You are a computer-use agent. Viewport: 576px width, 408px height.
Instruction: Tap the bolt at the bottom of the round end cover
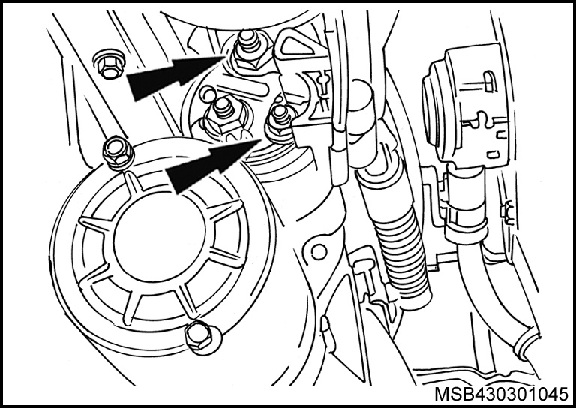click(201, 337)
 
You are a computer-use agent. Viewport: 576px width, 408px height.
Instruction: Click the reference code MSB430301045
click(501, 394)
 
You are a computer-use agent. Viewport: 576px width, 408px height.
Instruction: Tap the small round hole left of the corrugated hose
click(319, 251)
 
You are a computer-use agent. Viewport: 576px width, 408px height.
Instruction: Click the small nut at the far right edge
click(506, 212)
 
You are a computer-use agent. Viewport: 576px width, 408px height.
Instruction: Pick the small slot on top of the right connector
click(488, 82)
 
